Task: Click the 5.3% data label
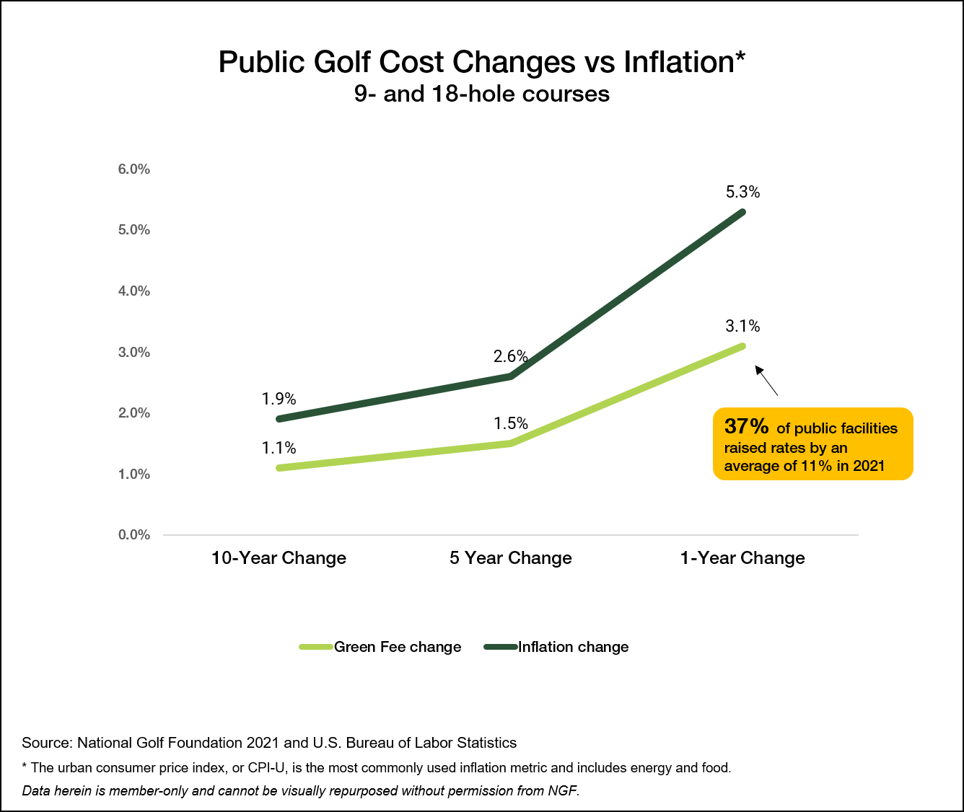click(742, 193)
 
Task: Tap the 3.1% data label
click(742, 327)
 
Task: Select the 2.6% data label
click(511, 357)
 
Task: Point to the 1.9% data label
click(279, 399)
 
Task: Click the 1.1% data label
click(279, 448)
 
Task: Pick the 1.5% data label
click(511, 423)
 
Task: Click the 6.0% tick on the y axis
click(134, 169)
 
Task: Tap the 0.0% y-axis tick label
click(134, 535)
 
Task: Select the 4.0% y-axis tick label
click(134, 291)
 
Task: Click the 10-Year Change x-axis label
click(279, 558)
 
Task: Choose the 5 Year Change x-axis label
click(511, 558)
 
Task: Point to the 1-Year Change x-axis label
click(742, 558)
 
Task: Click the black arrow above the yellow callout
click(766, 381)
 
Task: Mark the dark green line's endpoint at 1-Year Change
click(742, 212)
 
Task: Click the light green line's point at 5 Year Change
click(511, 443)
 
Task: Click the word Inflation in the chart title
click(679, 62)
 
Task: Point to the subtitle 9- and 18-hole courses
click(482, 94)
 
